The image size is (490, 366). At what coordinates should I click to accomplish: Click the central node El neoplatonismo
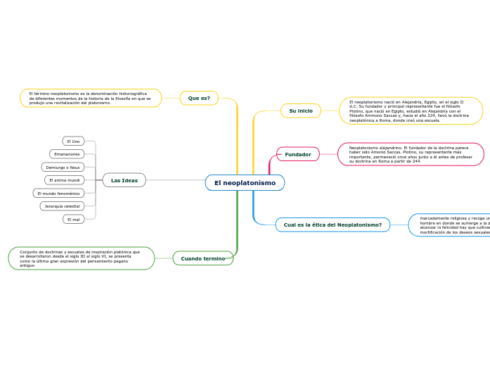(245, 183)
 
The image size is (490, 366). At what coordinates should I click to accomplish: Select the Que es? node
(199, 98)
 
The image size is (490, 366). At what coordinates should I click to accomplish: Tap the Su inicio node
(301, 111)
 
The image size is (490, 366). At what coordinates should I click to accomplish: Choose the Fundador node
(298, 154)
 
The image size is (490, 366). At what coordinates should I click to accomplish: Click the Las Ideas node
(124, 180)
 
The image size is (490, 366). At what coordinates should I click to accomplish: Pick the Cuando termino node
(203, 258)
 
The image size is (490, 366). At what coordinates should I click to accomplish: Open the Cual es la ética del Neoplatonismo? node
(333, 225)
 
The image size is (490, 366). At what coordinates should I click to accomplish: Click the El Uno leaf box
(73, 141)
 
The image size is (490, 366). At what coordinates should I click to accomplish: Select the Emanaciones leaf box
(67, 154)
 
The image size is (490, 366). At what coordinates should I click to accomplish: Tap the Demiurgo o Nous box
(63, 168)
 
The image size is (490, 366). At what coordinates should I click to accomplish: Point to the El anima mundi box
(64, 180)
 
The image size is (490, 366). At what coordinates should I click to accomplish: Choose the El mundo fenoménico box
(58, 193)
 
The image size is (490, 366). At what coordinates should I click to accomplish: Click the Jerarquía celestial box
(62, 206)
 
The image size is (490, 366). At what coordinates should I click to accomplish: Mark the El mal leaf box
(73, 219)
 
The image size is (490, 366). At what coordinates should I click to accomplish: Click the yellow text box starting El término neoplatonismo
(91, 98)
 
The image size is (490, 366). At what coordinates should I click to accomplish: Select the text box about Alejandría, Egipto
(411, 111)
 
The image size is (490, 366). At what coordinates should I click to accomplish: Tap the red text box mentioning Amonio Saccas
(411, 154)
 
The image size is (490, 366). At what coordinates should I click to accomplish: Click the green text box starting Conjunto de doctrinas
(81, 258)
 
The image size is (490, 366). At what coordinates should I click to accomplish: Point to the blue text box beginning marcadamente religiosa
(450, 225)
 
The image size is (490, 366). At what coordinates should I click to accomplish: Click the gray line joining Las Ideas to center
(176, 180)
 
